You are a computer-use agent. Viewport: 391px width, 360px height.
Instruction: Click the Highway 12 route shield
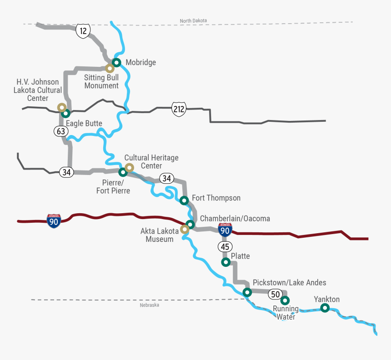point(83,31)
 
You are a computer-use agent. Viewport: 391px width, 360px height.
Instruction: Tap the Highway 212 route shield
point(179,109)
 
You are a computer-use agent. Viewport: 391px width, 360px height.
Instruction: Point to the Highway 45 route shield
point(225,247)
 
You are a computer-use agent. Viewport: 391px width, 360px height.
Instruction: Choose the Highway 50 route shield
point(275,294)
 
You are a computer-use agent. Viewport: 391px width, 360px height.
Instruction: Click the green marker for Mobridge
point(116,63)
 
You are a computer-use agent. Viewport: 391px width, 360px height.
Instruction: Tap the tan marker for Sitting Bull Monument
point(110,69)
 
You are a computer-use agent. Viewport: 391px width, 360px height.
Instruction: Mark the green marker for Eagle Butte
point(65,113)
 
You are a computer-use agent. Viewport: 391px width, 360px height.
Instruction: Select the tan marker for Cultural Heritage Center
point(129,168)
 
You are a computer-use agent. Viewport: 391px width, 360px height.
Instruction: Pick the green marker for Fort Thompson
point(184,200)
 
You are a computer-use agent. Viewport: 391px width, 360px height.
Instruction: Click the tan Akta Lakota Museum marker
point(184,229)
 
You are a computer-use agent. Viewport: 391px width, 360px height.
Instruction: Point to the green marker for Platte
point(225,262)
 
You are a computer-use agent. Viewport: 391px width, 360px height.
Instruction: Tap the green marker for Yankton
point(325,308)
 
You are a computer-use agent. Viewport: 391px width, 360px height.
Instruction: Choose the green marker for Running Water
point(285,300)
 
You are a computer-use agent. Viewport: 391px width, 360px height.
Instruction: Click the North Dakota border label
point(193,21)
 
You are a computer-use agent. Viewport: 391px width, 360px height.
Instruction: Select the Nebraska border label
point(150,305)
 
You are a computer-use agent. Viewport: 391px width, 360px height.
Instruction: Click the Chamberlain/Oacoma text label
point(235,219)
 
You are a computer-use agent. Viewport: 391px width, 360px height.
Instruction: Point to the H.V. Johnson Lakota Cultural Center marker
point(61,107)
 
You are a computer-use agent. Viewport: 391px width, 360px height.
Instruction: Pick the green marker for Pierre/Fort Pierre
point(122,172)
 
